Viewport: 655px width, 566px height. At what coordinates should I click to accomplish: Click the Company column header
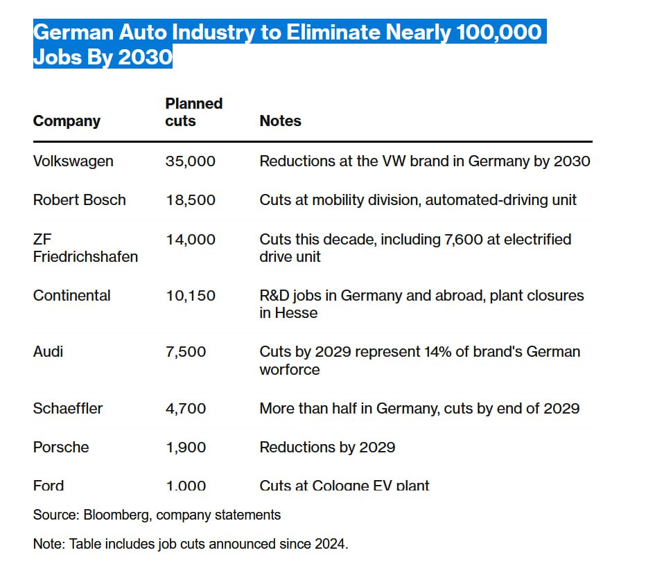67,121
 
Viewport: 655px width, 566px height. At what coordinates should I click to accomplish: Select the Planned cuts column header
193,112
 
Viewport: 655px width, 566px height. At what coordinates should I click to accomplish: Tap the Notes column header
280,121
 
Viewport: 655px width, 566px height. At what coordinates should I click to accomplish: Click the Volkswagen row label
73,161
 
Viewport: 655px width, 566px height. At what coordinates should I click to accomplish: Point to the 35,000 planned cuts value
190,161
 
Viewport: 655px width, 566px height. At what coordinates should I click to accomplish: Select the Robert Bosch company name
79,200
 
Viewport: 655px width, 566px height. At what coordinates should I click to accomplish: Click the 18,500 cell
190,200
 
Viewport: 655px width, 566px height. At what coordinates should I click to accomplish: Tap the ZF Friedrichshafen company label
85,248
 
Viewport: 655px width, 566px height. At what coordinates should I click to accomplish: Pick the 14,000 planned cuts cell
190,240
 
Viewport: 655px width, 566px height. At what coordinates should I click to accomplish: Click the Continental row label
71,296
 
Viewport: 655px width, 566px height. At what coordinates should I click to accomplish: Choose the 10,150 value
190,296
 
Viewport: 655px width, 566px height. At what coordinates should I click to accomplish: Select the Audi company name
48,352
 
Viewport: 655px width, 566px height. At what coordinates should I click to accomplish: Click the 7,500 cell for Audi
186,352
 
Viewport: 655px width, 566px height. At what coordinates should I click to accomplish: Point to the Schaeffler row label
67,409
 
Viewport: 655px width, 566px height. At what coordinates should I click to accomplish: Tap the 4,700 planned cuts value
186,409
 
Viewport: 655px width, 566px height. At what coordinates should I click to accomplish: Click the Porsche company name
61,448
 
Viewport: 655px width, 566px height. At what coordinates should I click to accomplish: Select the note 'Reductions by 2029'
327,448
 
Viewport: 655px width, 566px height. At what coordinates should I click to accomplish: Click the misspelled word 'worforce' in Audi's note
290,370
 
